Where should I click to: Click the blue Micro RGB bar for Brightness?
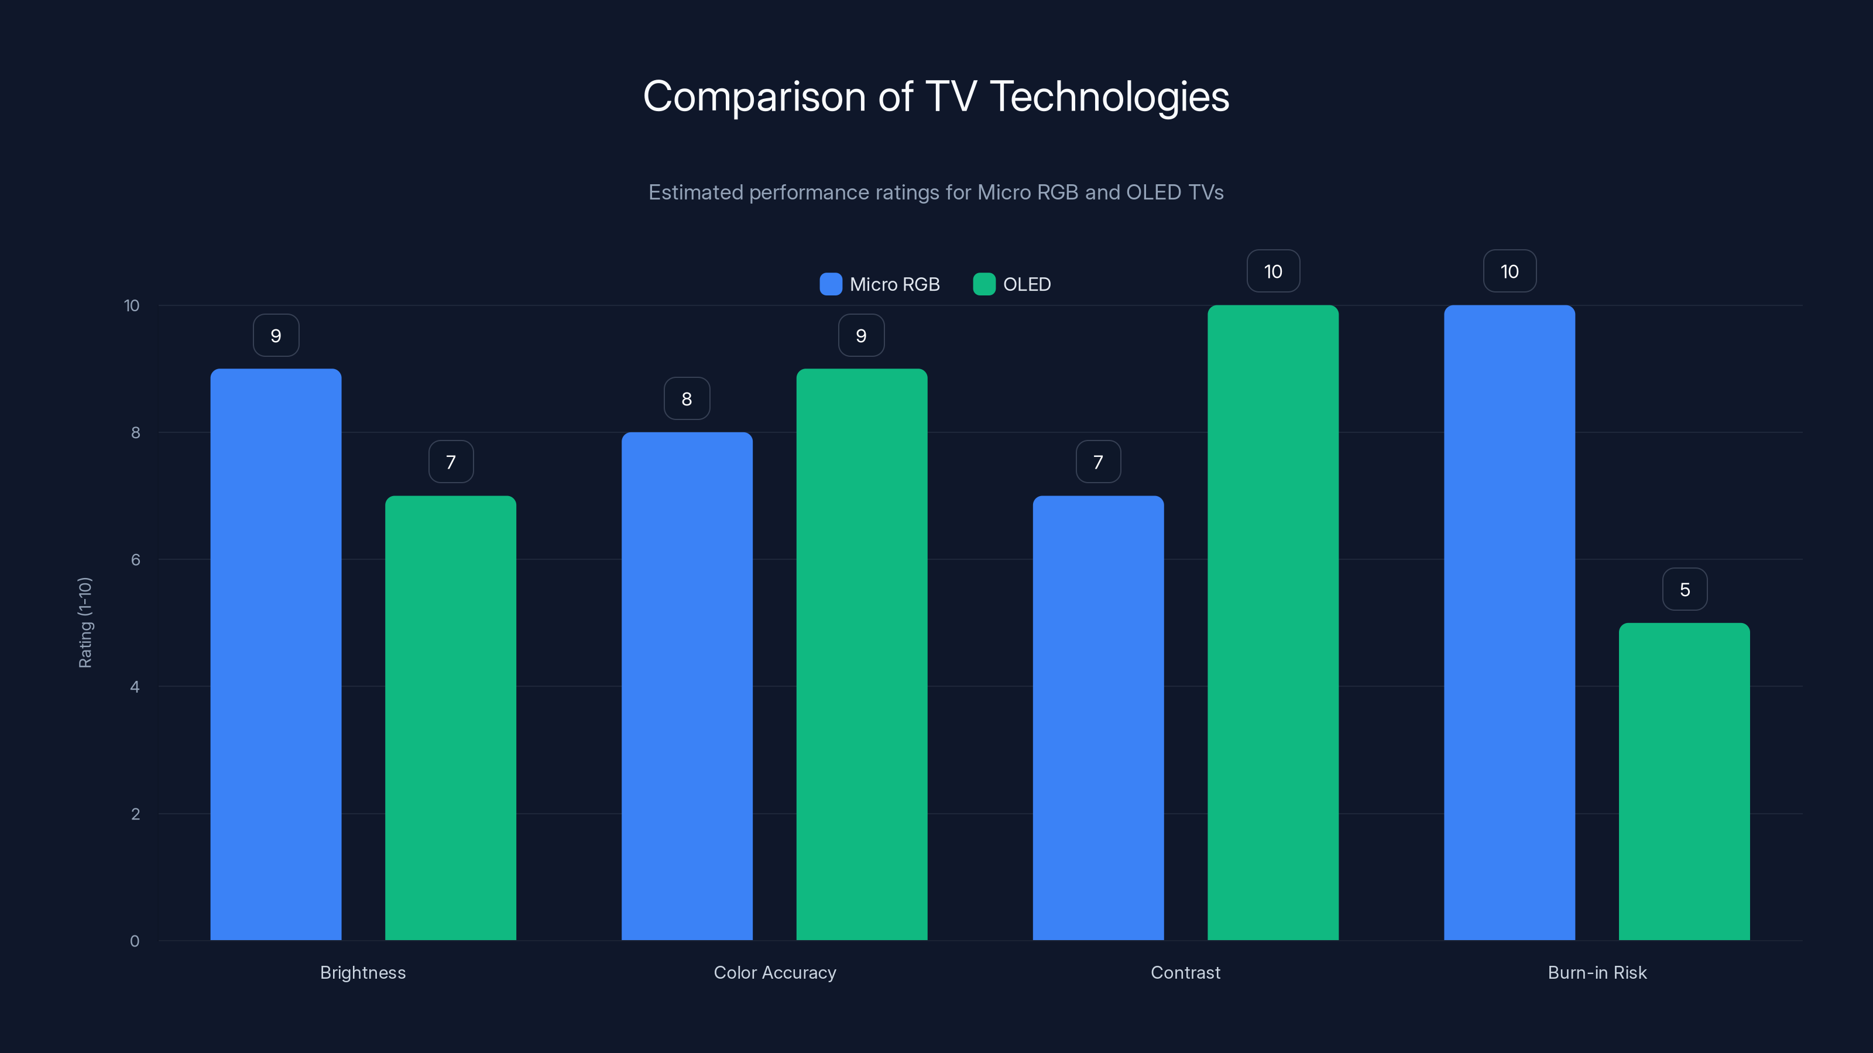[276, 654]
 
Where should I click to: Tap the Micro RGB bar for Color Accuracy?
[687, 686]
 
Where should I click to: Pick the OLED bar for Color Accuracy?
[862, 654]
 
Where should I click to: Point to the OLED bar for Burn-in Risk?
[1684, 781]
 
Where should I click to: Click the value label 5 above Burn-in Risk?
[1685, 589]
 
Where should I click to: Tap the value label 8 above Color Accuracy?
[687, 398]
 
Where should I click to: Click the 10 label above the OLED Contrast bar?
[1273, 271]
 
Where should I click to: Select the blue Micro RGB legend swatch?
[831, 284]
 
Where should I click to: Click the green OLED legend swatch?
[984, 284]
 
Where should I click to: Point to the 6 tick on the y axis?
[135, 560]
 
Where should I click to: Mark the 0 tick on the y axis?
[135, 941]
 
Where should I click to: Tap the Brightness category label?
[363, 972]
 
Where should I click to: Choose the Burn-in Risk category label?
[1597, 972]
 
